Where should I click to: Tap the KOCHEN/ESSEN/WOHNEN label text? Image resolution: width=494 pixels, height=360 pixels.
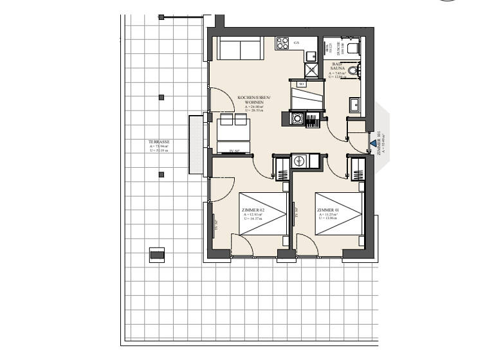pyautogui.click(x=254, y=99)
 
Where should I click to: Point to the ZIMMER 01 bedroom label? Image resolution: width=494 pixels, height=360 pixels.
pyautogui.click(x=328, y=210)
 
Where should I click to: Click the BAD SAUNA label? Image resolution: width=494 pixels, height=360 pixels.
pyautogui.click(x=338, y=66)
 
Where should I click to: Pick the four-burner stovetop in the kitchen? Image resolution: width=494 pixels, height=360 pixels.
pyautogui.click(x=282, y=44)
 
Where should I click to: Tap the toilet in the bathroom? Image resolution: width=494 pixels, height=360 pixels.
pyautogui.click(x=352, y=48)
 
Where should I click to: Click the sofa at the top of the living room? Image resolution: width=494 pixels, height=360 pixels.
pyautogui.click(x=239, y=48)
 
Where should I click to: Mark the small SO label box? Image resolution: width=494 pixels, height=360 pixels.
pyautogui.click(x=300, y=83)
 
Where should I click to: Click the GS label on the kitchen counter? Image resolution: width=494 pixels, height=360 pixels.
pyautogui.click(x=296, y=42)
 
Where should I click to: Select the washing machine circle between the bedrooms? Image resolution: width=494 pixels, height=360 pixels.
pyautogui.click(x=299, y=162)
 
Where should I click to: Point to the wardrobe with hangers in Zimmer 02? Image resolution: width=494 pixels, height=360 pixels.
pyautogui.click(x=282, y=170)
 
